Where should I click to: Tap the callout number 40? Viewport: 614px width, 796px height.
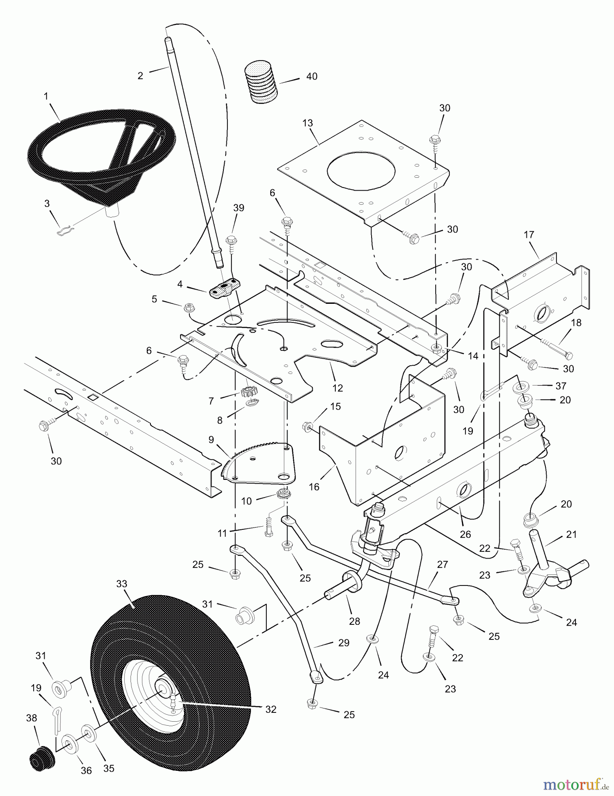pos(311,77)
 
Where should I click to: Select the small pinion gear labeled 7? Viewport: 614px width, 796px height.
pos(249,392)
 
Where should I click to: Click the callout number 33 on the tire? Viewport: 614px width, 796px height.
pos(122,584)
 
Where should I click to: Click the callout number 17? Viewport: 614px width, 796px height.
pos(529,235)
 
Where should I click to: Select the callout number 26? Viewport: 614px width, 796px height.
pos(465,534)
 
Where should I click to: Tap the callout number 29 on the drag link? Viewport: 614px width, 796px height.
pos(344,643)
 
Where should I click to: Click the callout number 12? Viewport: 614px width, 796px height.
pos(338,388)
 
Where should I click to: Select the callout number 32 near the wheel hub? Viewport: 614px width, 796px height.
pos(271,709)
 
